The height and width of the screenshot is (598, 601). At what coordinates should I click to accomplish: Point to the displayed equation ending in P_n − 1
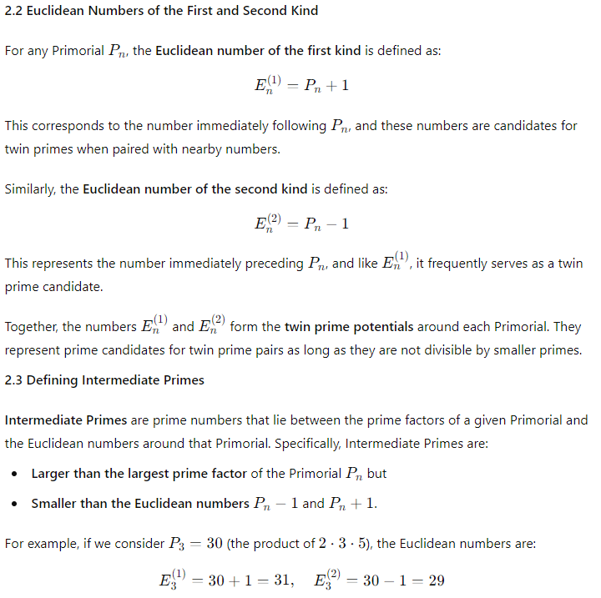pyautogui.click(x=300, y=224)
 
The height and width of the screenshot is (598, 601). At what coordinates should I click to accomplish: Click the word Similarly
pyautogui.click(x=29, y=188)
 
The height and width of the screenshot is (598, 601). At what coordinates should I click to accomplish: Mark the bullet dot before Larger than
pyautogui.click(x=16, y=474)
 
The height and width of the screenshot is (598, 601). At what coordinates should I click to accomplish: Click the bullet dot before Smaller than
pyautogui.click(x=16, y=504)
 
